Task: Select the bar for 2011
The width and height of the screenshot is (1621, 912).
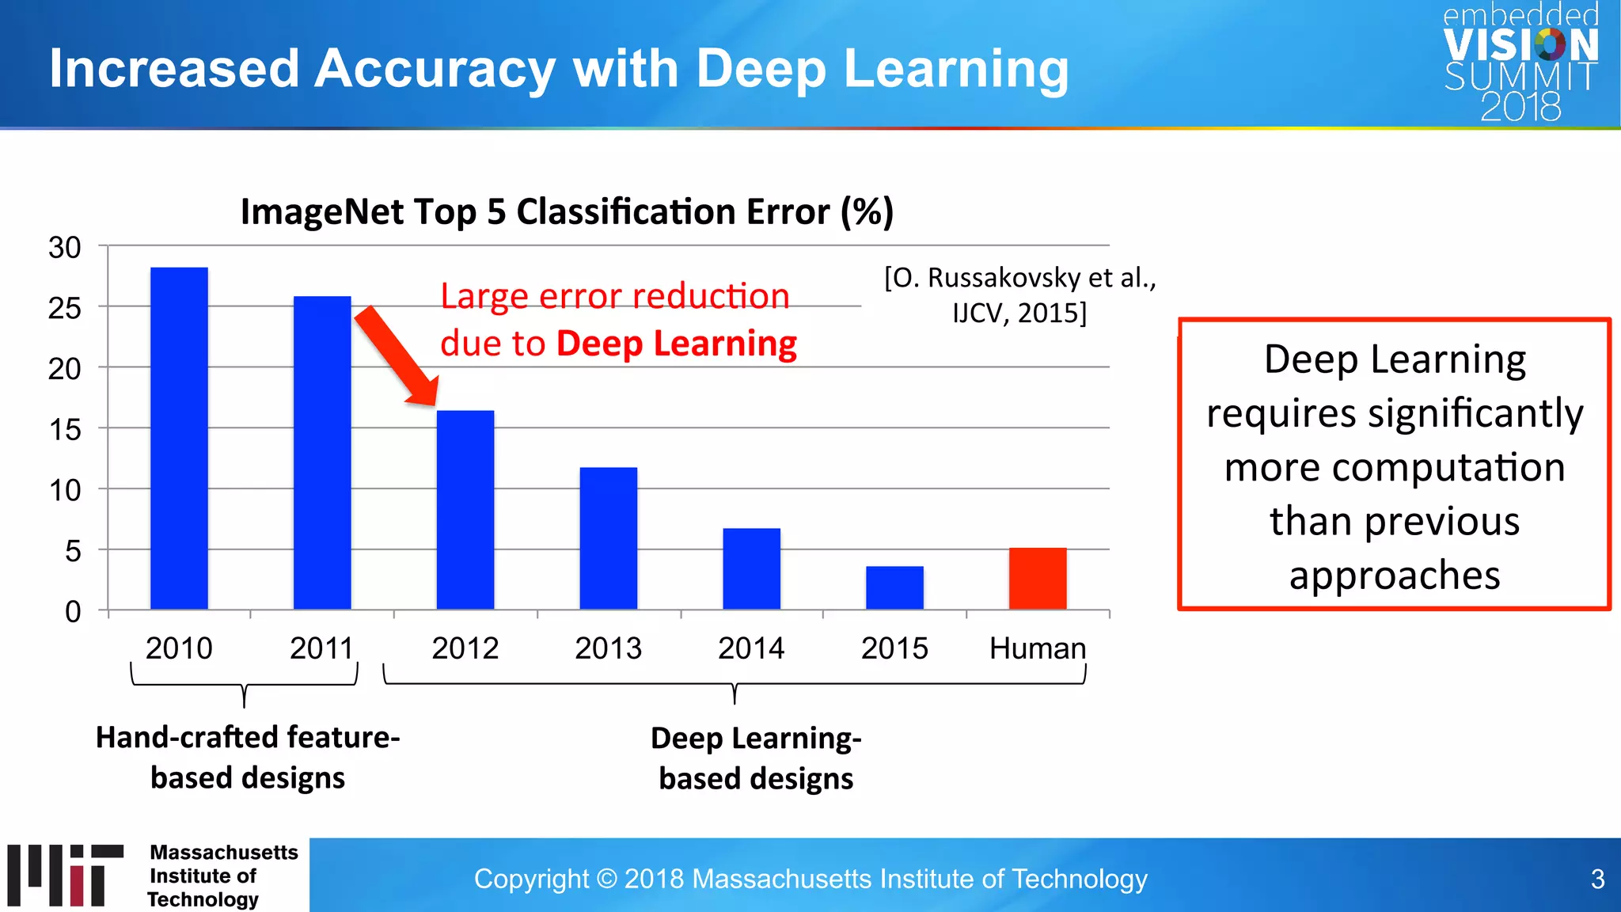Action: [x=322, y=452]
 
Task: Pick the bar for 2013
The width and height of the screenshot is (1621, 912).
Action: [x=608, y=538]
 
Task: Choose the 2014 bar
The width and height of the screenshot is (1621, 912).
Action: [x=751, y=568]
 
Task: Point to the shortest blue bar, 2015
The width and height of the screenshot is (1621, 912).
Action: [x=894, y=587]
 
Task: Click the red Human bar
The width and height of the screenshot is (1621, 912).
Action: [x=1038, y=578]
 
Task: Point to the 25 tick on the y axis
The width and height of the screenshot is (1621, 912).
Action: [x=65, y=308]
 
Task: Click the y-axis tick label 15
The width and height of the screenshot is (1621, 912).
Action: [x=65, y=430]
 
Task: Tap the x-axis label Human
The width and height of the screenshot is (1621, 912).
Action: [x=1037, y=648]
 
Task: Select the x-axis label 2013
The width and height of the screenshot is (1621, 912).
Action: [x=608, y=648]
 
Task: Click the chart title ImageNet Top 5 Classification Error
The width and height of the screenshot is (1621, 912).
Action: [x=567, y=212]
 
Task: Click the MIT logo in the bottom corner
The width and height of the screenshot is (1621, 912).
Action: [x=66, y=875]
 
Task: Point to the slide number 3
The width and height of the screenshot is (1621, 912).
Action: [x=1597, y=879]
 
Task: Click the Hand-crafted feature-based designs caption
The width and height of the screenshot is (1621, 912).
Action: [x=248, y=757]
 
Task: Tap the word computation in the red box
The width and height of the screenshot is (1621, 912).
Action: [x=1395, y=467]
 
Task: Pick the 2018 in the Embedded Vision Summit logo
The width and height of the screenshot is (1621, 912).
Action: [x=1520, y=107]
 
